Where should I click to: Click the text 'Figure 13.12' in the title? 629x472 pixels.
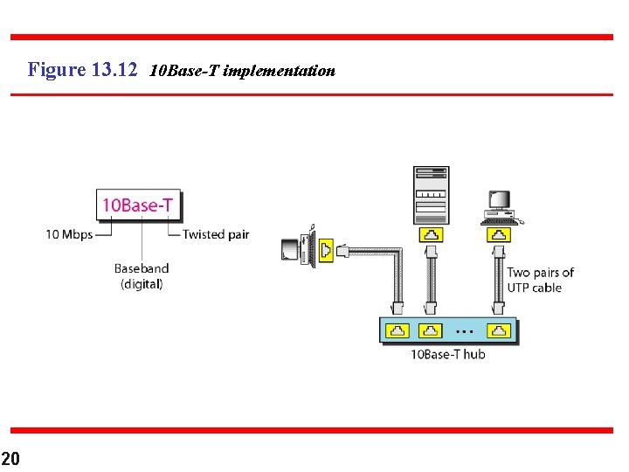point(82,69)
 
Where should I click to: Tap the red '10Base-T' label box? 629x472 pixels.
point(137,206)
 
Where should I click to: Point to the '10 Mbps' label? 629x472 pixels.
point(69,234)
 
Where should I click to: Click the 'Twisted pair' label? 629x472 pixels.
point(216,234)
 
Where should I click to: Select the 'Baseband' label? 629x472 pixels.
point(142,268)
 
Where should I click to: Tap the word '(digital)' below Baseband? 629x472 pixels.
point(142,284)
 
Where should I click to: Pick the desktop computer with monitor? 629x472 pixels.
point(499,203)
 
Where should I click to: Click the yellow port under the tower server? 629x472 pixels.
point(432,234)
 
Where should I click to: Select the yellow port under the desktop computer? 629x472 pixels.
point(498,234)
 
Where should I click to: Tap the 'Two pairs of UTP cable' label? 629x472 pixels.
point(540,280)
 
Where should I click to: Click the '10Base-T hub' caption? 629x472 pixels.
point(447,354)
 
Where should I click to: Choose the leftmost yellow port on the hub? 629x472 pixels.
point(398,330)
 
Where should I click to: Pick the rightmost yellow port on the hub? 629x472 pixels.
point(498,330)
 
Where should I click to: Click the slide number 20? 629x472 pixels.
point(10,458)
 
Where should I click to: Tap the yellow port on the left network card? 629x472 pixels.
point(326,251)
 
